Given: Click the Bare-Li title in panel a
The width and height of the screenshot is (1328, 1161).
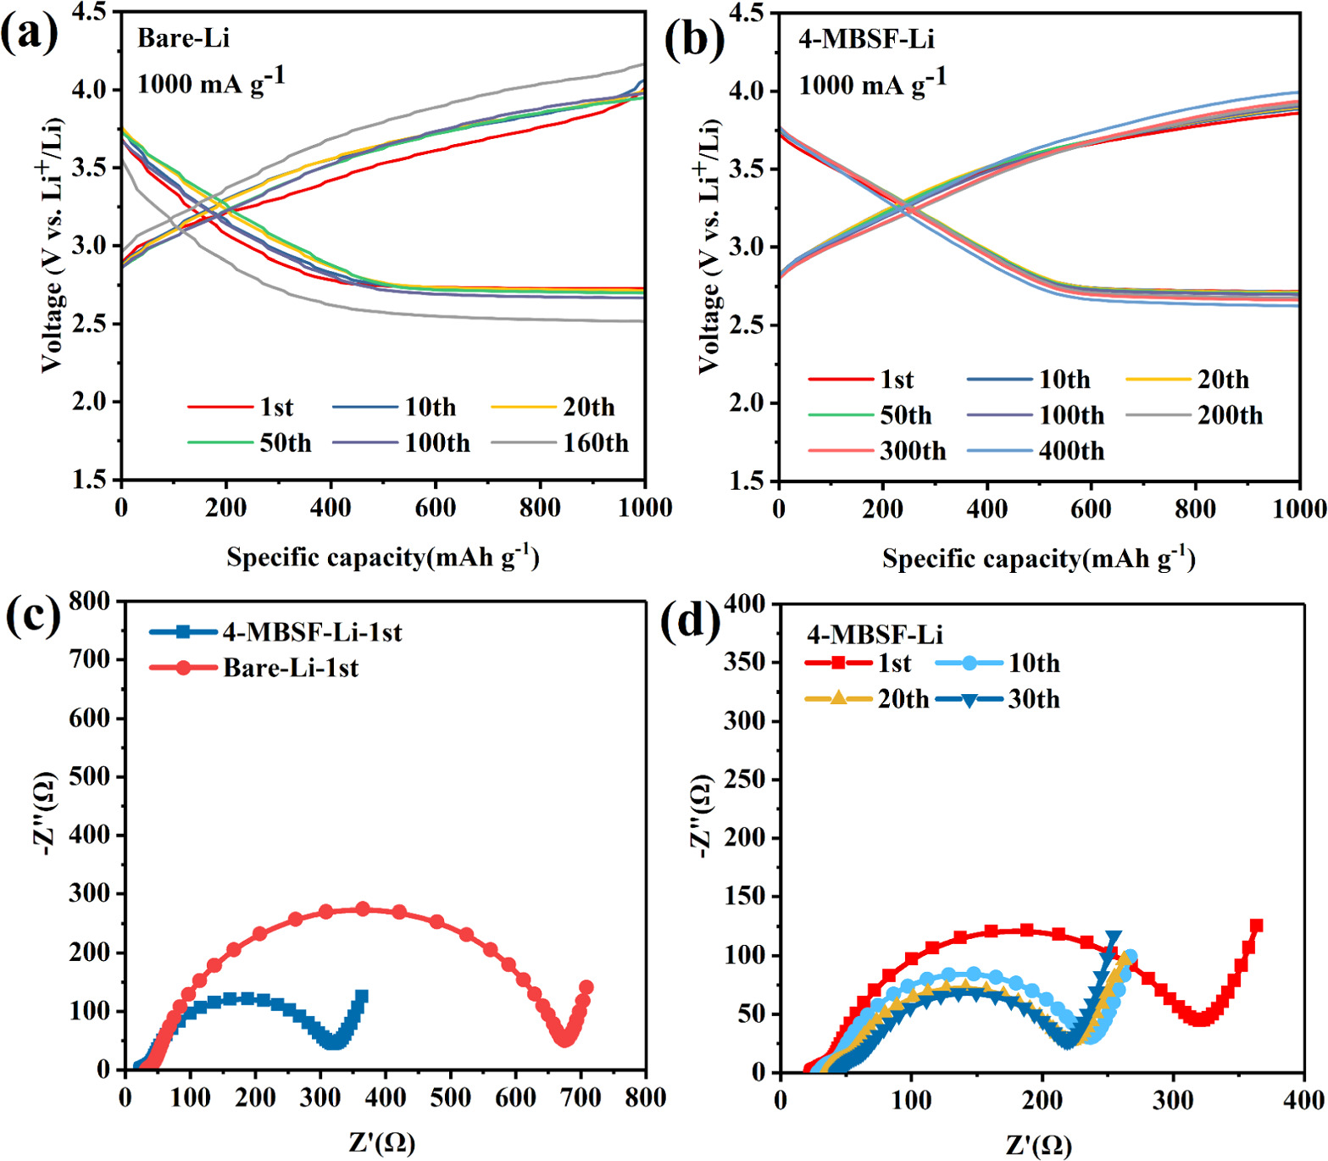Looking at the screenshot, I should coord(183,38).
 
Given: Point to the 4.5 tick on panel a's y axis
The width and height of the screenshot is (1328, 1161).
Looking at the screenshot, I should coord(89,12).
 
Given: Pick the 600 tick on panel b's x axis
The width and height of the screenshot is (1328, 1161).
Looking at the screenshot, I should coord(1091,508).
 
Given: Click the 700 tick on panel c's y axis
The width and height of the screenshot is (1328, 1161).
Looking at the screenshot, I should coord(89,659).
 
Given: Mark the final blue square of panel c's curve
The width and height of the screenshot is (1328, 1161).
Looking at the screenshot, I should coord(362,997).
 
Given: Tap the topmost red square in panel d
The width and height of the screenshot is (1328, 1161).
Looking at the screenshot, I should coord(1256,925).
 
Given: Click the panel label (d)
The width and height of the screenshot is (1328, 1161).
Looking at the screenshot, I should coord(690,621).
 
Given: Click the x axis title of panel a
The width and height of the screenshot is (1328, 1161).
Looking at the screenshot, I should coord(382,557).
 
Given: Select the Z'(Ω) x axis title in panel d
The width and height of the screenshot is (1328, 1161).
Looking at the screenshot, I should coord(1038,1145).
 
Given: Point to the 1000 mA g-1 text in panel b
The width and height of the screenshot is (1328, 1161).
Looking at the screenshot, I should coord(872,84).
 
